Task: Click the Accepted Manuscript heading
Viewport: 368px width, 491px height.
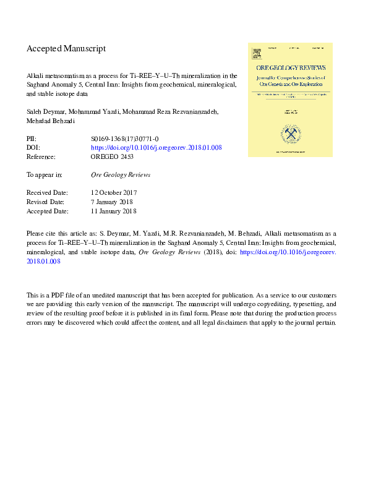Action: tap(66, 48)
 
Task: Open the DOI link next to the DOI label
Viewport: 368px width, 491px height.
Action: tap(156, 148)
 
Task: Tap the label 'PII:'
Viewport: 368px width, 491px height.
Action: tap(32, 140)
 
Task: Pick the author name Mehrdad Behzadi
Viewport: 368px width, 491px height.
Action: tap(51, 121)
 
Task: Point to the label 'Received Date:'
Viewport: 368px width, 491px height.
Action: tap(47, 193)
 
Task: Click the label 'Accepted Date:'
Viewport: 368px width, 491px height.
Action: tap(47, 211)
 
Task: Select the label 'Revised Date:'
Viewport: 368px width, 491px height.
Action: tap(46, 202)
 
